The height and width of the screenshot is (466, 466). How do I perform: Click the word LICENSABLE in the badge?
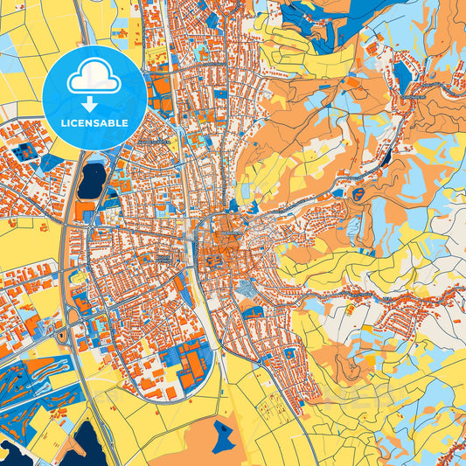[x=94, y=122]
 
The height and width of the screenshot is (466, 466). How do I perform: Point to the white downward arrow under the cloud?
[x=94, y=99]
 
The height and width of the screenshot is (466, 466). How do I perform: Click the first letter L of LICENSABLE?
[x=63, y=122]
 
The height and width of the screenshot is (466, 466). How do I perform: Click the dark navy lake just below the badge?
[x=91, y=181]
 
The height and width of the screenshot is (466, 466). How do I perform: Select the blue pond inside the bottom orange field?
[x=225, y=435]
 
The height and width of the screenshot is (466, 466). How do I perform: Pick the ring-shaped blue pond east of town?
[x=358, y=194]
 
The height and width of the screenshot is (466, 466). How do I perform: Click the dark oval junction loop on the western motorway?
[x=62, y=336]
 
